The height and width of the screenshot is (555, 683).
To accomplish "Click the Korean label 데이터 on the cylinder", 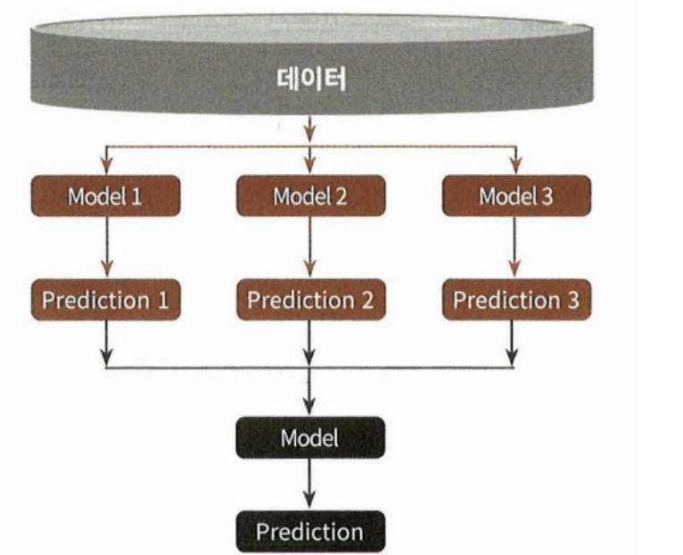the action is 309,80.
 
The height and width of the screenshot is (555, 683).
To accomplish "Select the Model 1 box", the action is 105,195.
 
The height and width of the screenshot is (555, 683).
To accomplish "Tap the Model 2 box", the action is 310,195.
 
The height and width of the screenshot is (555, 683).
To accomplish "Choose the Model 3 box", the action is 516,195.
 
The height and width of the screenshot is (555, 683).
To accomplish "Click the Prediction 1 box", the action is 105,300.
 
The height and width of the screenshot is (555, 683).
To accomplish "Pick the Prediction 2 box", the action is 310,300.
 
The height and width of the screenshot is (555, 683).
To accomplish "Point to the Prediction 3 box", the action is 516,300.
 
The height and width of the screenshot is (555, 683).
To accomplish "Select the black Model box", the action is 309,437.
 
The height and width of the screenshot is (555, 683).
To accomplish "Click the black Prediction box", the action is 309,532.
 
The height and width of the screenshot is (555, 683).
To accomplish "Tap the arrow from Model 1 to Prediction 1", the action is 106,247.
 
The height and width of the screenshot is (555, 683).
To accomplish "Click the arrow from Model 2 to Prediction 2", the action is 310,247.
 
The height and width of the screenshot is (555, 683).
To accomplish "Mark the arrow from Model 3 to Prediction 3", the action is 515,247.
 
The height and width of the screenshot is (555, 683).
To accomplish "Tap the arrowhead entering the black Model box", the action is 309,406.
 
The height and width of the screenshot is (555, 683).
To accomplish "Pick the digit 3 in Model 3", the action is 546,196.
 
